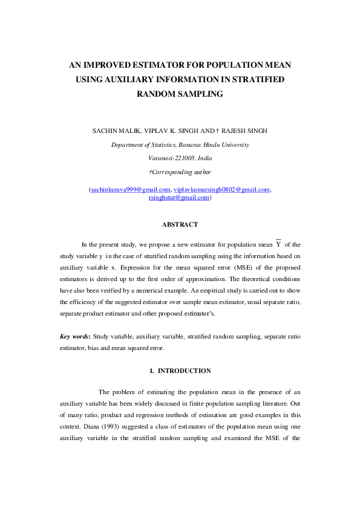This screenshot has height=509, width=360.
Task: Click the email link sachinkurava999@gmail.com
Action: [x=130, y=189]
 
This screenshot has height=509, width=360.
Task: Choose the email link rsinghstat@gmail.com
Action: [x=179, y=197]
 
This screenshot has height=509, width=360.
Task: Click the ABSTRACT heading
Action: [x=180, y=224]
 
